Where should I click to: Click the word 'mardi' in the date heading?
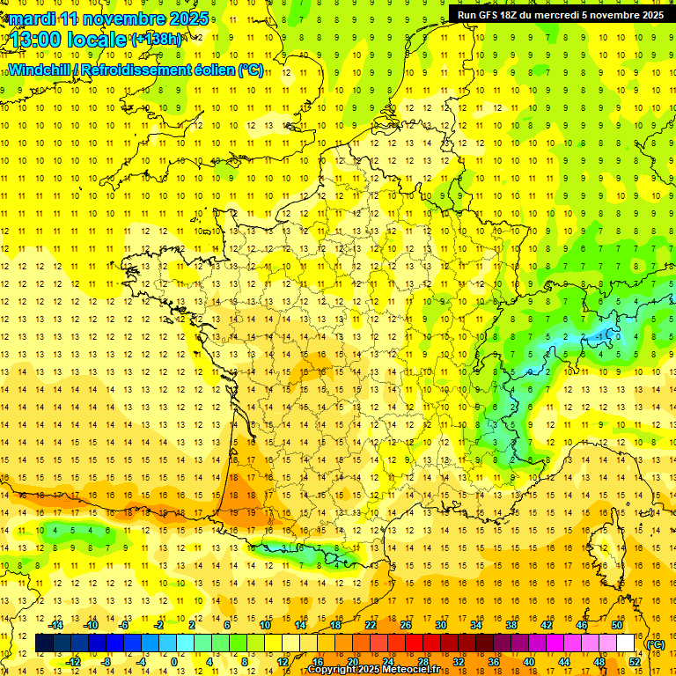(32, 18)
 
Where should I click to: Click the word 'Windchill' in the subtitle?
(40, 70)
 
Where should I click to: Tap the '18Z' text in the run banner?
(512, 14)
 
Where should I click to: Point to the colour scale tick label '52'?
(635, 662)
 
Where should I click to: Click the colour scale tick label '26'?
(406, 625)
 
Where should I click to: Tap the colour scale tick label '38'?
(511, 625)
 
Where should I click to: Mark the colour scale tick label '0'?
(173, 662)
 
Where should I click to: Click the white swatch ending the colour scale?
(626, 643)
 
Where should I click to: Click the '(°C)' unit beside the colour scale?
(655, 643)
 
